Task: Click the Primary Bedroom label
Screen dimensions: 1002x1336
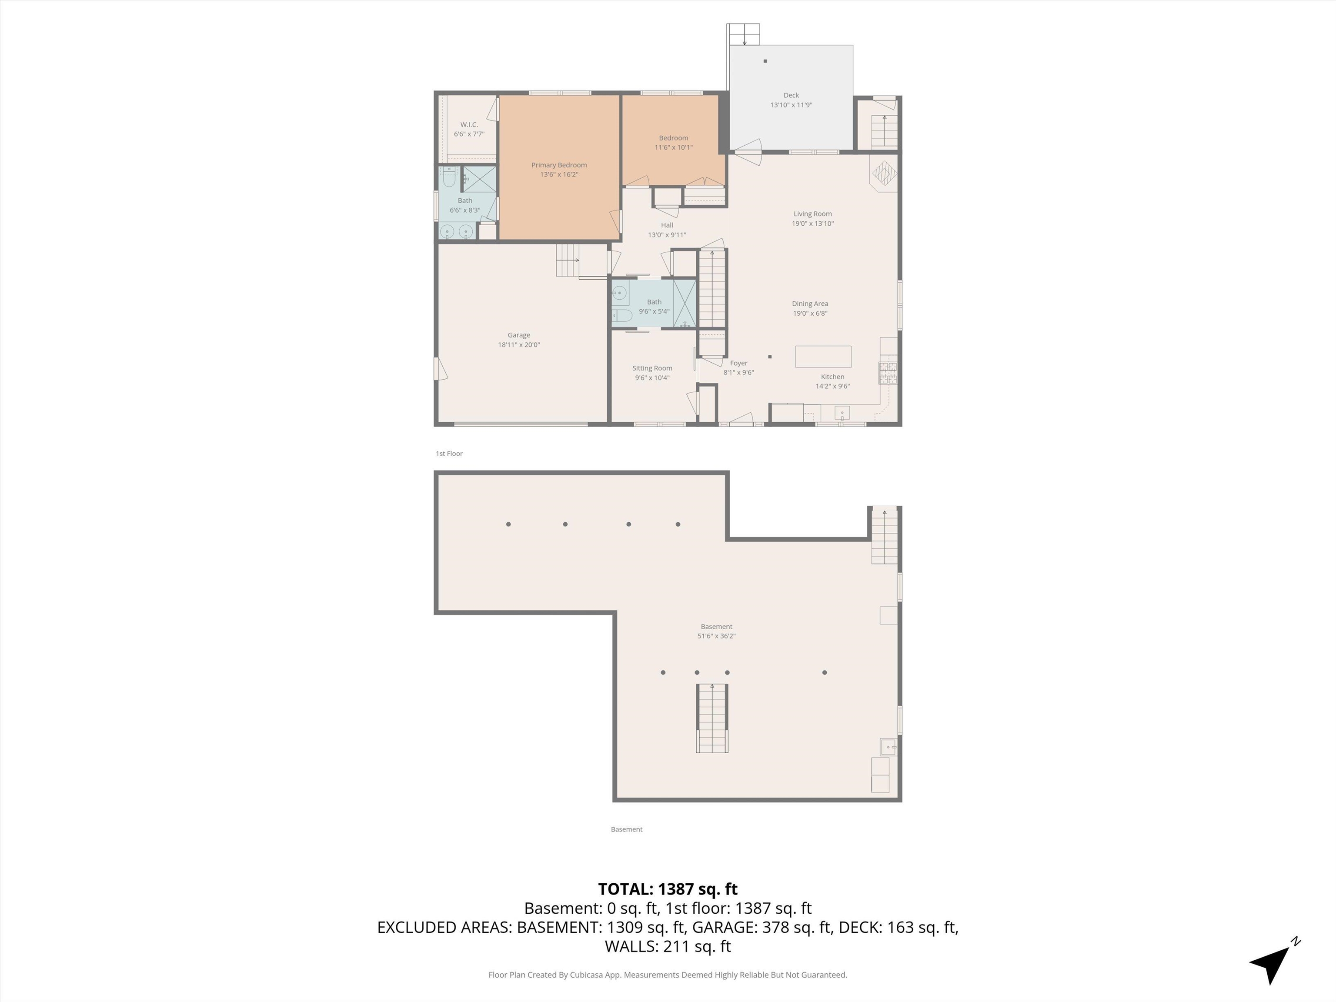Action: (559, 165)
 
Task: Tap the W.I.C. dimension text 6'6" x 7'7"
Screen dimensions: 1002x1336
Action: (469, 134)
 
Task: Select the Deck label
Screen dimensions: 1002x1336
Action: (791, 95)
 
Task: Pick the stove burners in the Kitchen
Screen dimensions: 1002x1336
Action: (887, 373)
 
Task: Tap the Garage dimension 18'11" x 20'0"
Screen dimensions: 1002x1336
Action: (518, 345)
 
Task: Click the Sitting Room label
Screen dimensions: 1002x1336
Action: (652, 368)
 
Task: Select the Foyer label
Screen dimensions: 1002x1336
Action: (738, 363)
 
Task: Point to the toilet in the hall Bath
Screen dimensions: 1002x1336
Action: (621, 315)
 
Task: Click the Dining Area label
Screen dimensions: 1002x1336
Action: (809, 304)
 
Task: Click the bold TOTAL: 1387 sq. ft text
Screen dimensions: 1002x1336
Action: (668, 889)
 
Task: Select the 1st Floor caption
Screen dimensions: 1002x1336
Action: (449, 454)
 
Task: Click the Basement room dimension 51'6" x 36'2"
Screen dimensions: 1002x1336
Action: (716, 636)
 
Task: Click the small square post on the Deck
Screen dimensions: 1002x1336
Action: (765, 61)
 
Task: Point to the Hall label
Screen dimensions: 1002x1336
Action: (667, 225)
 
